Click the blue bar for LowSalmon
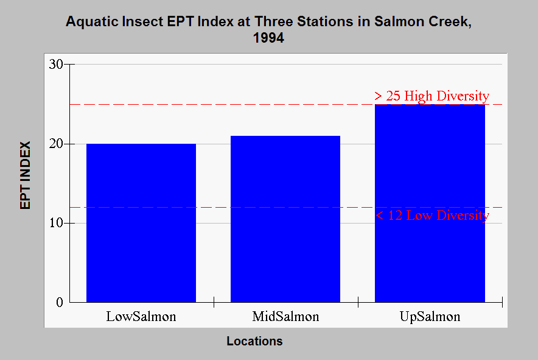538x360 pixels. click(141, 223)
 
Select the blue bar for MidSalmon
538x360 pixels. click(285, 219)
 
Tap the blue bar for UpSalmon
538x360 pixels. click(430, 203)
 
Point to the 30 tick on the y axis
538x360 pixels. click(56, 64)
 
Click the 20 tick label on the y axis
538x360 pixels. click(56, 144)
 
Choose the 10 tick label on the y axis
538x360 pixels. click(56, 224)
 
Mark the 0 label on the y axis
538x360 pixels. click(60, 302)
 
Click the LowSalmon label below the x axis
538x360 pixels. click(141, 316)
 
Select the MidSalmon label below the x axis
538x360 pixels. click(285, 316)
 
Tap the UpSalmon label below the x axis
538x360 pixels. click(430, 316)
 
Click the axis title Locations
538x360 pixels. click(254, 341)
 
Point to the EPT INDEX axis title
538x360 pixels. click(26, 175)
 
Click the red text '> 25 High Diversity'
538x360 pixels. click(431, 96)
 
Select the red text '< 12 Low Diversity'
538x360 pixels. click(432, 216)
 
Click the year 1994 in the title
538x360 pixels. click(268, 38)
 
